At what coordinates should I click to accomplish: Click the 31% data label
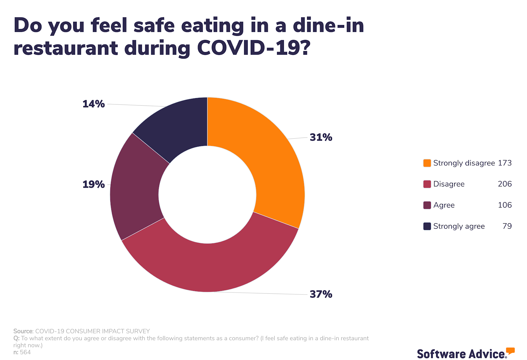point(321,137)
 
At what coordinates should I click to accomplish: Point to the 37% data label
point(321,294)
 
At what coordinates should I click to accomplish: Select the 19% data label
point(94,184)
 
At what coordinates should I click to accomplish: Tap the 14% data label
point(94,104)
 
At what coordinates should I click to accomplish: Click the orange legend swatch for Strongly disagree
point(427,163)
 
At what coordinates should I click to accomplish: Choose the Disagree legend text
point(449,184)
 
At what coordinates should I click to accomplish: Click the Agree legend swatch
point(427,205)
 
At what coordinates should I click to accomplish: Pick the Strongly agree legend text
point(459,226)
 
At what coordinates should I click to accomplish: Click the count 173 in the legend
point(505,163)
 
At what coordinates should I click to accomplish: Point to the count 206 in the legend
point(505,184)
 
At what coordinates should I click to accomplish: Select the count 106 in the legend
point(505,205)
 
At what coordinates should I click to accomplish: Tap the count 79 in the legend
point(507,226)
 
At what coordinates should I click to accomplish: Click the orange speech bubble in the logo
point(510,351)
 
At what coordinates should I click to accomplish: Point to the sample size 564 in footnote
point(25,352)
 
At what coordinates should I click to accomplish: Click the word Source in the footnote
point(23,331)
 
